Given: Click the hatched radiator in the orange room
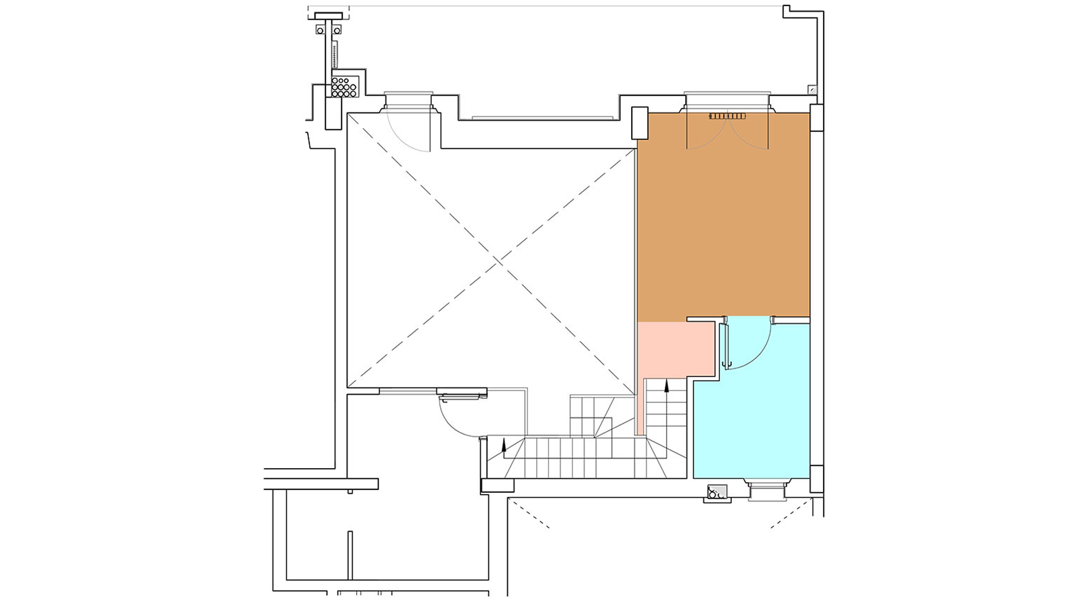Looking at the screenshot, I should click(727, 116).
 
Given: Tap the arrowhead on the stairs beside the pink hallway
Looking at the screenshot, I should click(667, 386).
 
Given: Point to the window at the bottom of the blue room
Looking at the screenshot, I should click(768, 491).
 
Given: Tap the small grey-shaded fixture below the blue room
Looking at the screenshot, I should click(717, 493).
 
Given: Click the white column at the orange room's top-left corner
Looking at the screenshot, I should click(640, 123).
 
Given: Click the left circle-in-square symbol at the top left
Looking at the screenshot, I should click(320, 29).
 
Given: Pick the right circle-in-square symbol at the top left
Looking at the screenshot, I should click(337, 29).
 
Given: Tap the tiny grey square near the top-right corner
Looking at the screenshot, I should click(812, 89).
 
